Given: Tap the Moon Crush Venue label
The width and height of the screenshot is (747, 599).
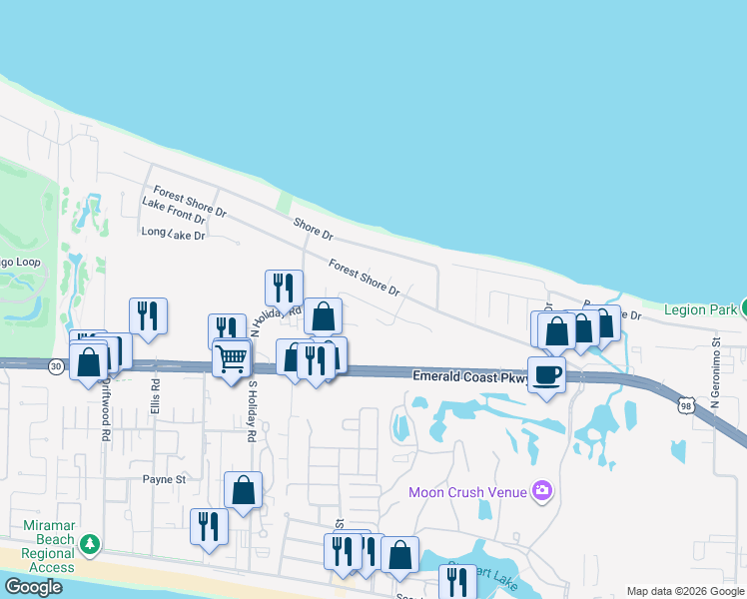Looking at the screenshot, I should point(467,491).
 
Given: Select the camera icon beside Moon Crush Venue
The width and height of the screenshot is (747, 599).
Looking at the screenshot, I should point(542,489).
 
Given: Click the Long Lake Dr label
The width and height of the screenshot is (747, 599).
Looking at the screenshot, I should point(174,234).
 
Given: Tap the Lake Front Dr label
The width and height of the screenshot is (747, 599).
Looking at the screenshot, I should point(174,210).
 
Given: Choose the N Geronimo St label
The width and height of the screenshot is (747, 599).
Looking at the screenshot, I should point(716,370).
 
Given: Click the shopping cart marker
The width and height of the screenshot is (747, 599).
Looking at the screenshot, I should point(232,356).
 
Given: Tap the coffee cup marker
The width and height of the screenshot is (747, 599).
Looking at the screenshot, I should point(546,375).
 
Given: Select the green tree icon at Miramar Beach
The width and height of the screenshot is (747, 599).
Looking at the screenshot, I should point(90,544).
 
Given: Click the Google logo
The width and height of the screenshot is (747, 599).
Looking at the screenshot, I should point(33,588).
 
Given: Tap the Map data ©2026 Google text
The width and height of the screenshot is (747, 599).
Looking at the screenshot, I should point(685,591).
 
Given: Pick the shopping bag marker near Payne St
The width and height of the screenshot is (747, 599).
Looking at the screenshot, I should point(243,489).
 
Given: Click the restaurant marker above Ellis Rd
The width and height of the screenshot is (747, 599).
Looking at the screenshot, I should point(148,315).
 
